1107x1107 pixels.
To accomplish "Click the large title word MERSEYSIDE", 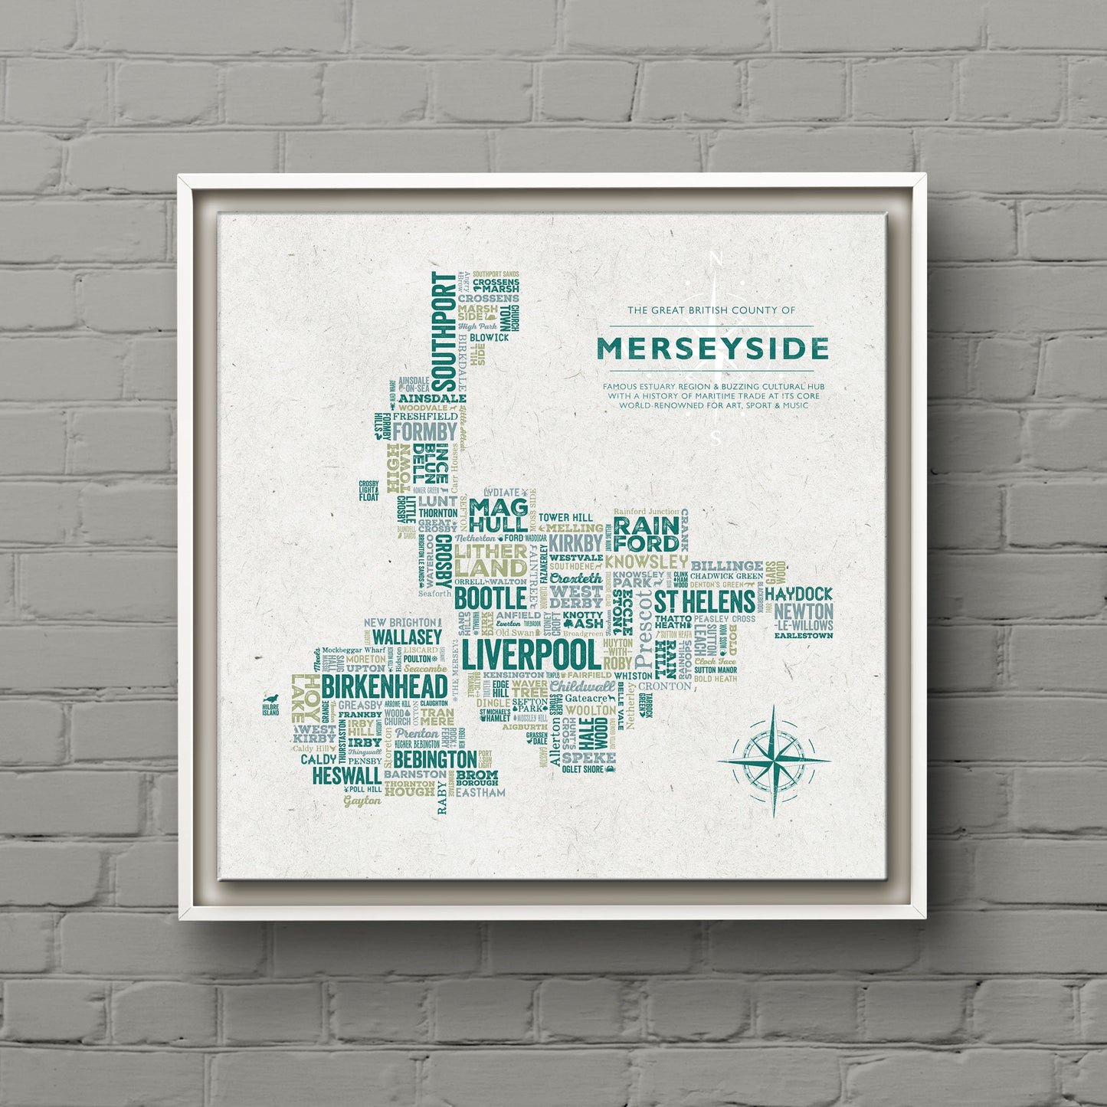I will (712, 349).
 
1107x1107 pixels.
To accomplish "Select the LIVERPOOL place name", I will (530, 656).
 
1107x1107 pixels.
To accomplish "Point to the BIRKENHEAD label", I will (384, 686).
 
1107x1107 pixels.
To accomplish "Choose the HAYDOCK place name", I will (797, 594).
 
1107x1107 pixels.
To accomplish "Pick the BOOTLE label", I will (490, 597).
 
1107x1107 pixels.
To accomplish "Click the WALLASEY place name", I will (407, 637).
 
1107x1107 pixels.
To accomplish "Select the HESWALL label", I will (346, 775).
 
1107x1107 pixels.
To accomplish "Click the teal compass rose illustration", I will (774, 761).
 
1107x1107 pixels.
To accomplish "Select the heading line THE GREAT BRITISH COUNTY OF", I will (712, 310).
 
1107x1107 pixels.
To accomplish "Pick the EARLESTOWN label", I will (803, 635).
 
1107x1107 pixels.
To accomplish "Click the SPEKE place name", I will (588, 758).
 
